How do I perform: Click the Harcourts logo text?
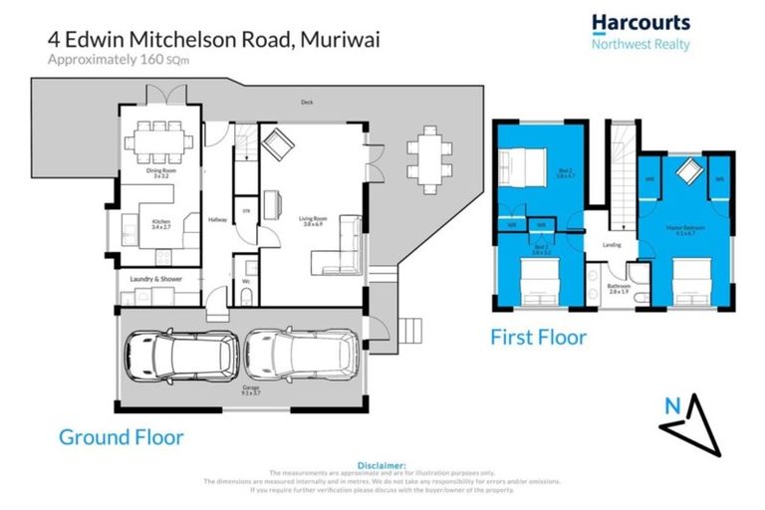[x=639, y=23]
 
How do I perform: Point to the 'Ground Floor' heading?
[x=121, y=436]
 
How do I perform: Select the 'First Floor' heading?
[x=538, y=337]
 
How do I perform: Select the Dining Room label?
[x=161, y=172]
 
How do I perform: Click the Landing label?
[x=612, y=244]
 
